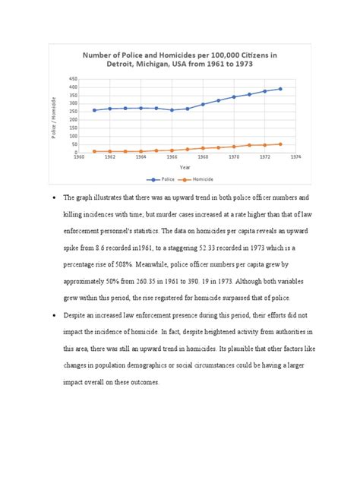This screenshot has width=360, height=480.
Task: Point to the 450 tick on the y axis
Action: [72, 79]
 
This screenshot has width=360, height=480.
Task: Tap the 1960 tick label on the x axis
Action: [78, 157]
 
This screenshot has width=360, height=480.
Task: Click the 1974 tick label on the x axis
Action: [295, 157]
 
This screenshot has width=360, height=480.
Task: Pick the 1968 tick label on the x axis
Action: [203, 157]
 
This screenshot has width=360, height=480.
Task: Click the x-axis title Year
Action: [185, 167]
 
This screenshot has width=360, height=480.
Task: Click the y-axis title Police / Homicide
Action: [55, 117]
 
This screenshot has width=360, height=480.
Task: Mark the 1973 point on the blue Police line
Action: [280, 89]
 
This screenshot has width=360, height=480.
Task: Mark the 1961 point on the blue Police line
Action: [94, 110]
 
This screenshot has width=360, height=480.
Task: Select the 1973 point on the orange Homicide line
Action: [280, 144]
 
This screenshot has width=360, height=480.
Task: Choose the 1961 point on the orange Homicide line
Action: [94, 151]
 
